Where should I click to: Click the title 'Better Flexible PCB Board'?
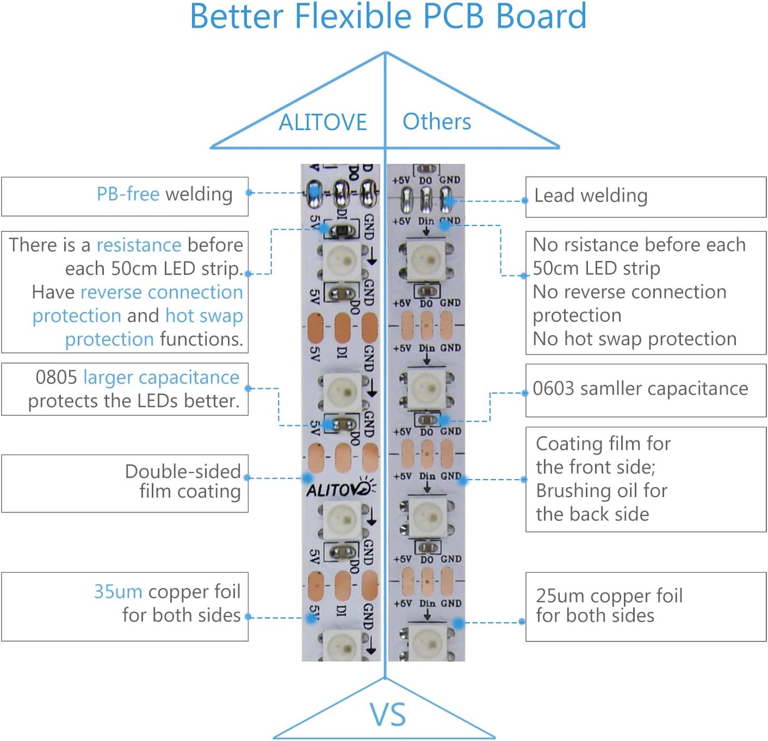[x=388, y=16]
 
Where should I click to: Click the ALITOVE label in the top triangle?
[x=323, y=122]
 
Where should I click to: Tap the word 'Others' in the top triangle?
[x=437, y=121]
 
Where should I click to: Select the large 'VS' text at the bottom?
[x=388, y=714]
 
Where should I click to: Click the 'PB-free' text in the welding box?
[x=128, y=194]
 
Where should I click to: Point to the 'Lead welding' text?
[x=591, y=195]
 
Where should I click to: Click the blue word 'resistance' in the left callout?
[x=139, y=245]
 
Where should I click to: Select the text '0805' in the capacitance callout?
[x=56, y=377]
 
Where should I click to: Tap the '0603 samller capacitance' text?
[x=640, y=389]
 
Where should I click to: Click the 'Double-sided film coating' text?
[x=183, y=481]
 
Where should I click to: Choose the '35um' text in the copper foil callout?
[x=118, y=591]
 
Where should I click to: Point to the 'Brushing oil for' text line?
[x=602, y=491]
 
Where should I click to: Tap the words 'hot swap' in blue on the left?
[x=204, y=316]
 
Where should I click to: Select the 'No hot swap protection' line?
[x=634, y=339]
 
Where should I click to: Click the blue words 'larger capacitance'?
[x=161, y=377]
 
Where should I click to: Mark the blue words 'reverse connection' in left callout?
[x=161, y=292]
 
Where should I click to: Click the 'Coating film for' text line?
[x=603, y=444]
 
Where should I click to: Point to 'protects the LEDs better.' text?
[x=134, y=401]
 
